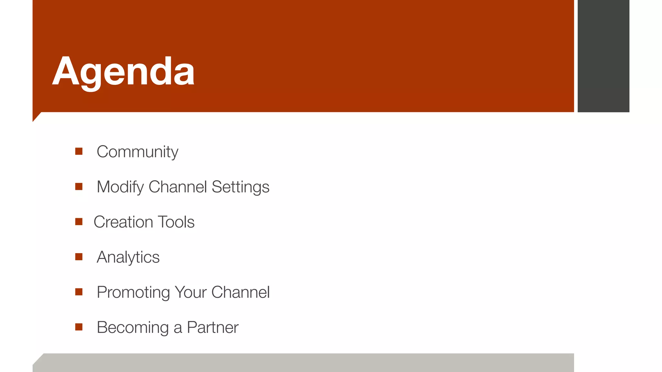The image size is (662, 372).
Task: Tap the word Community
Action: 137,152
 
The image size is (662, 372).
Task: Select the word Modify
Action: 120,187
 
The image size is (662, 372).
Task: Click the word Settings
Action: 240,187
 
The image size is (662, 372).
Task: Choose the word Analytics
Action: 128,257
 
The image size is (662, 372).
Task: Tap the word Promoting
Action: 133,293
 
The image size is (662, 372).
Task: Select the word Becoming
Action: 133,328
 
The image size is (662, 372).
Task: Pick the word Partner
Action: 213,328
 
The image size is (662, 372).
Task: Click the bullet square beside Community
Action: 79,151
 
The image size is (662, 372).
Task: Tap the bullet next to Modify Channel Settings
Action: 79,187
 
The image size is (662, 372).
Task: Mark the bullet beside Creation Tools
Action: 79,222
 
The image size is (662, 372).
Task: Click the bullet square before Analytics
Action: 79,257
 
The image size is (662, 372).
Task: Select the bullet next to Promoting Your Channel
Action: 79,292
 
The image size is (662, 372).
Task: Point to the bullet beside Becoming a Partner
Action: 79,327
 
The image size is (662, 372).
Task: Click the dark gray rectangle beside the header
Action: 603,56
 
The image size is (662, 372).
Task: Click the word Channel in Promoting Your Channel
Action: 240,293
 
